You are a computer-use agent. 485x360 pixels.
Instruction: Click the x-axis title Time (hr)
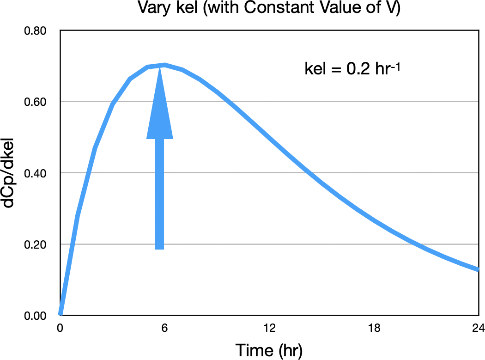coord(269,350)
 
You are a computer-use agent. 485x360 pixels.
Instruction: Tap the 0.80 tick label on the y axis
coord(36,31)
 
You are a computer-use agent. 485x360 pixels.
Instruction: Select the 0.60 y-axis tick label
coord(36,102)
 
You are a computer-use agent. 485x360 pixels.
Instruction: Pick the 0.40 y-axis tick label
coord(36,173)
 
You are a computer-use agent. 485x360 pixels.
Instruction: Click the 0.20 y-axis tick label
coord(36,244)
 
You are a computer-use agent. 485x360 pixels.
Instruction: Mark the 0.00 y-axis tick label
coord(36,316)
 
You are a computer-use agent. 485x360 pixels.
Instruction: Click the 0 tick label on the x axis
coord(60,329)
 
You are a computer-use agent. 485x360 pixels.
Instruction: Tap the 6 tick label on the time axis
coord(164,329)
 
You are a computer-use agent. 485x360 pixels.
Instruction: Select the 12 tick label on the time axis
coord(269,329)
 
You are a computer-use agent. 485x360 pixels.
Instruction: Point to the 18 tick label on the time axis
coord(374,329)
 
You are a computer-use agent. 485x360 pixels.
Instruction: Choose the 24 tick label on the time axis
coord(478,329)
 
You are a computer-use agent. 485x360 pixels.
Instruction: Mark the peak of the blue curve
coord(164,65)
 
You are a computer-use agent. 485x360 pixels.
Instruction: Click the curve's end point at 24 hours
coord(478,269)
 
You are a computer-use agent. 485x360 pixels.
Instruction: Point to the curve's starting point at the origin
coord(60,315)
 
